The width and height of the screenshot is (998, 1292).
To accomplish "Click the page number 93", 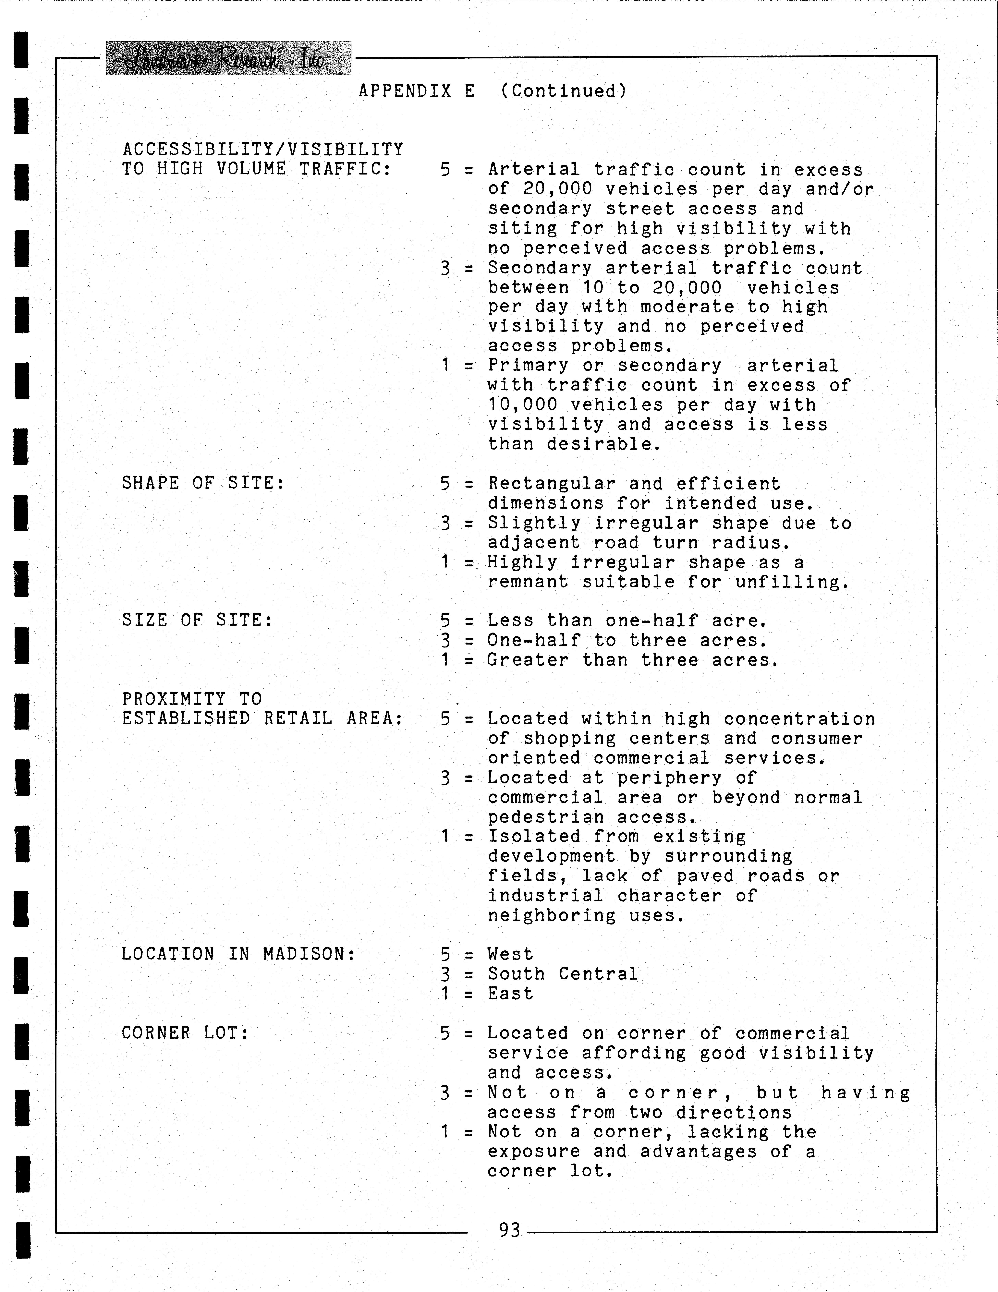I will (509, 1230).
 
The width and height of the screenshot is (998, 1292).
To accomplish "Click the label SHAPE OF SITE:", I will (203, 483).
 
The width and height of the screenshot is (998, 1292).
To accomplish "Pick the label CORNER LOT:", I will (185, 1033).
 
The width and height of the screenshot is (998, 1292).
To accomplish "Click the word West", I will (510, 954).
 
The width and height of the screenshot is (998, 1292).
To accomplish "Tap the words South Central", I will (563, 974).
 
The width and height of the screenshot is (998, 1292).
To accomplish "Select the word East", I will (510, 993).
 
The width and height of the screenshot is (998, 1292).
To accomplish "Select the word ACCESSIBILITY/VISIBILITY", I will (263, 149).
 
